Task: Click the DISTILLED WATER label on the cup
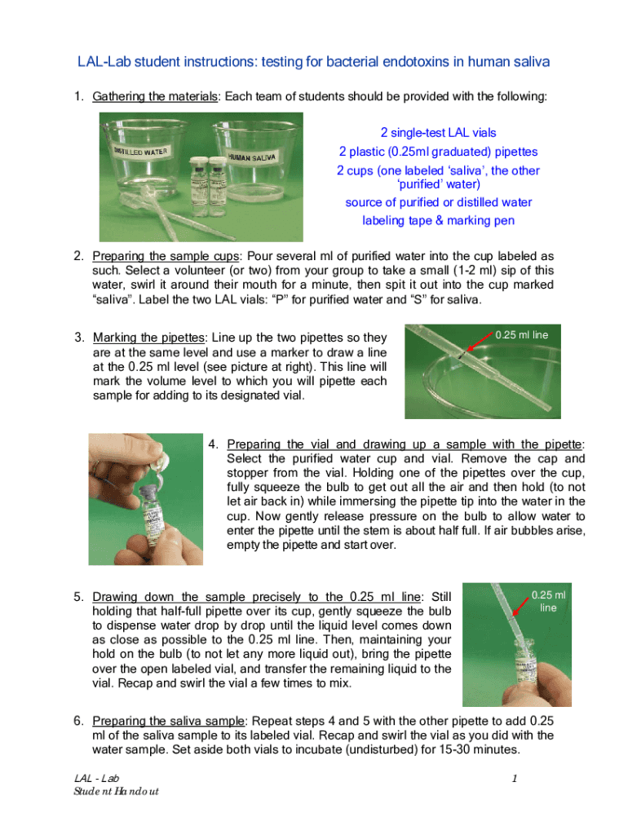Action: (140, 151)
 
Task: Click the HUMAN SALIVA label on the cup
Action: (252, 157)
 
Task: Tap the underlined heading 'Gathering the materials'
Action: (155, 96)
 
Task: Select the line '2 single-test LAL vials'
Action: (438, 133)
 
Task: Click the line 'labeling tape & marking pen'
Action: (438, 220)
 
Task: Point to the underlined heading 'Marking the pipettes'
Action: (148, 338)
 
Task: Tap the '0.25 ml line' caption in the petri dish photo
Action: (521, 335)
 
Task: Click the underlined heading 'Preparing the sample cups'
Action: (166, 256)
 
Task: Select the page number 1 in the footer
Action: (515, 779)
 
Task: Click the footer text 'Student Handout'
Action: (116, 791)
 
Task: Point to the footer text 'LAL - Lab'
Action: (96, 779)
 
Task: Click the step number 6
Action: (78, 721)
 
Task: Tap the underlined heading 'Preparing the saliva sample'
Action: (168, 721)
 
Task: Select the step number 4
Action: (213, 444)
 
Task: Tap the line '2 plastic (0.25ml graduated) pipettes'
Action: (438, 152)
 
